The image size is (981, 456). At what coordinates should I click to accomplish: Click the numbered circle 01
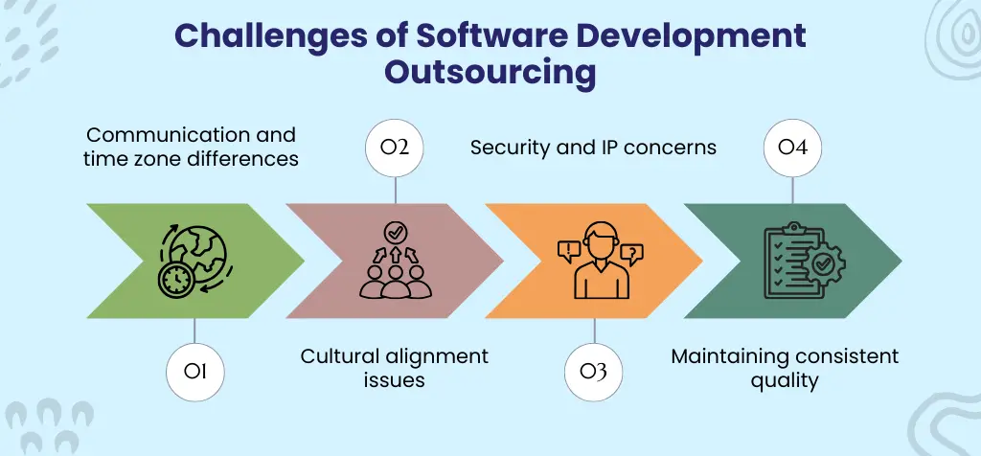click(x=194, y=370)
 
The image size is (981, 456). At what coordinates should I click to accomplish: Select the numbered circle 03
click(x=594, y=370)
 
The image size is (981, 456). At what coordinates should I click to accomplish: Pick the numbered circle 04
click(x=793, y=149)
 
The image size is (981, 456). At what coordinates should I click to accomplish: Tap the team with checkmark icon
click(x=394, y=260)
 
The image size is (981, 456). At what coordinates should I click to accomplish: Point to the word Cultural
click(x=340, y=356)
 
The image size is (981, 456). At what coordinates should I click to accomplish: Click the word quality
click(x=785, y=380)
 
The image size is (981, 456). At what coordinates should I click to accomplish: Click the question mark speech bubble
click(x=631, y=253)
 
